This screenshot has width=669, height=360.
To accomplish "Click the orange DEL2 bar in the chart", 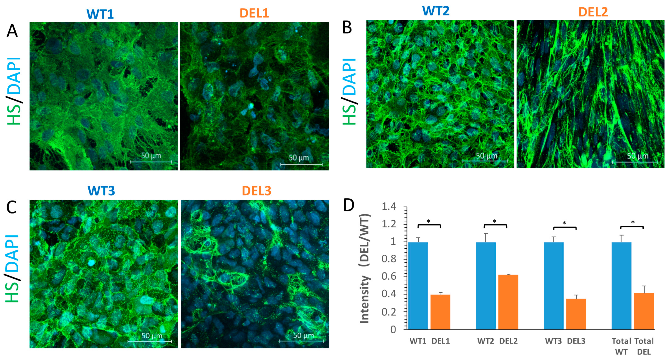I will (x=508, y=302).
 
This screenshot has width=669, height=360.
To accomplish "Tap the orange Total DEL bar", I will (x=644, y=311).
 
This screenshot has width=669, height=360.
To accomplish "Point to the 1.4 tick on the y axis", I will (x=389, y=207).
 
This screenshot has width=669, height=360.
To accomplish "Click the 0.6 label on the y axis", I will (x=389, y=276).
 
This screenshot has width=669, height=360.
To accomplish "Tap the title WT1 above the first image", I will (x=100, y=14).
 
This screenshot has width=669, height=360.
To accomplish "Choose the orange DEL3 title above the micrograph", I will (x=256, y=191).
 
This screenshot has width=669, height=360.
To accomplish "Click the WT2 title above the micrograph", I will (x=436, y=11).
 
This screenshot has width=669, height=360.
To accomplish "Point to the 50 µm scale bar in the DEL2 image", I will (x=634, y=162).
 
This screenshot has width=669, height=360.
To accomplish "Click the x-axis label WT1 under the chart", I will (x=418, y=341).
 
